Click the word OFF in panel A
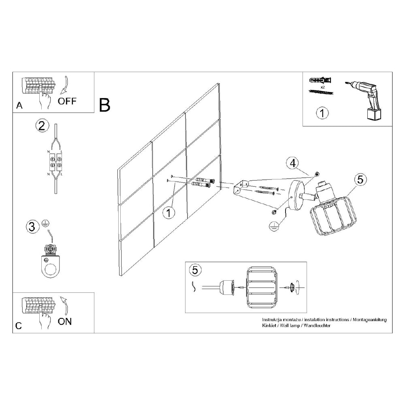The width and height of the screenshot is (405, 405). [x=67, y=101]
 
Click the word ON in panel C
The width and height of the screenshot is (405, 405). [x=64, y=322]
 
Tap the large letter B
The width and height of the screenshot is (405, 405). [x=104, y=105]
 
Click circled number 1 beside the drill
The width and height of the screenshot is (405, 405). [x=322, y=113]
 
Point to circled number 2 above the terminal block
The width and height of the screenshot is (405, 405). [x=42, y=126]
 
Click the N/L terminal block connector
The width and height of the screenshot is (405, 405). [x=55, y=162]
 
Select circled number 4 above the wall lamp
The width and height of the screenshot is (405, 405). [x=292, y=163]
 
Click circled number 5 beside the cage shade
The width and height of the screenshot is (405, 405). [x=360, y=179]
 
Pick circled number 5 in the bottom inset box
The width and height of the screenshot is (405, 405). [x=195, y=270]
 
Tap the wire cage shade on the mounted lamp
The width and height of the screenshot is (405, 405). [x=333, y=218]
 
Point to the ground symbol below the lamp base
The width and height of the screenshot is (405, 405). [x=273, y=226]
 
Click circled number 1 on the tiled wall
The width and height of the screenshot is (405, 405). [x=169, y=213]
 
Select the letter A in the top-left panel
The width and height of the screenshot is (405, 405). [x=19, y=105]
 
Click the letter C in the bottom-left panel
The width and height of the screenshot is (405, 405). [x=19, y=326]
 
